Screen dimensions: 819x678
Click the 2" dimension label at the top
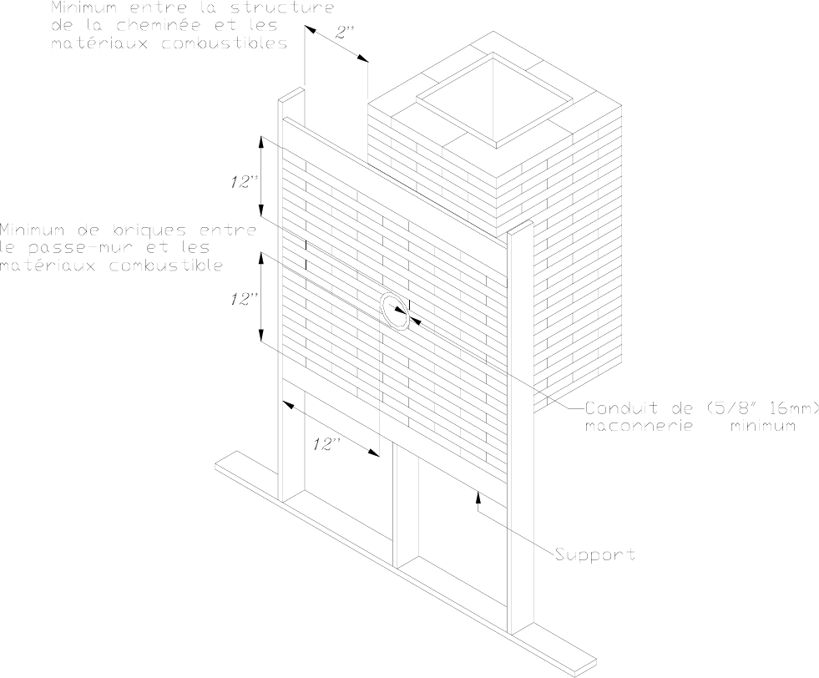click(344, 34)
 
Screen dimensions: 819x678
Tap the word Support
click(595, 554)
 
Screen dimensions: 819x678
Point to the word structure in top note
click(284, 8)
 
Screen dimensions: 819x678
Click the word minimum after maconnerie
click(759, 426)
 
